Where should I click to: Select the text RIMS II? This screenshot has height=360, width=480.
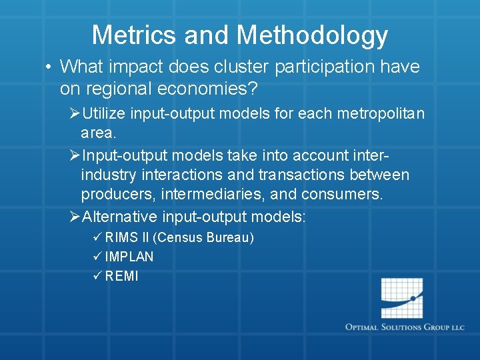[127, 237]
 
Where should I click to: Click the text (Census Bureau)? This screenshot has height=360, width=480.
[203, 237]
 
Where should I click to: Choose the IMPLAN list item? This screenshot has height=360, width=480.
[129, 257]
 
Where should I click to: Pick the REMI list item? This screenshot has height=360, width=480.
[122, 276]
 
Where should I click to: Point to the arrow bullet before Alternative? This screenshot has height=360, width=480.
[75, 217]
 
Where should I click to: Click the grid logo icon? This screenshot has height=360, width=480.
[402, 298]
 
